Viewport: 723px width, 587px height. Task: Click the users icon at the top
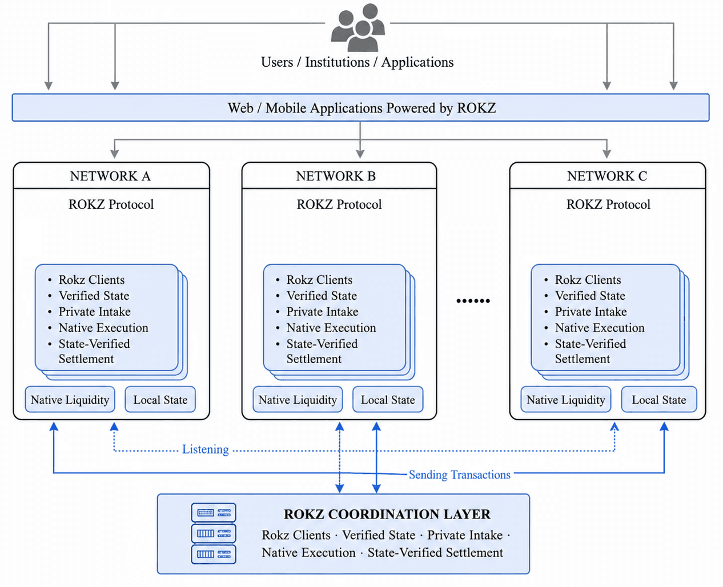point(358,27)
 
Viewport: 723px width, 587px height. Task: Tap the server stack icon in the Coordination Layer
point(214,533)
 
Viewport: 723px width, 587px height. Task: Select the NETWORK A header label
point(110,176)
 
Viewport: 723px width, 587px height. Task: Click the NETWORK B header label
point(336,176)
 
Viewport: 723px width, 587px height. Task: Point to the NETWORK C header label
point(607,176)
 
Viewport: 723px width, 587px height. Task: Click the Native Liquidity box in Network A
point(70,399)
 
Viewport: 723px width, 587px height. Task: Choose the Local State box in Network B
point(388,399)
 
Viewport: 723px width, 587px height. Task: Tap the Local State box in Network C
point(659,399)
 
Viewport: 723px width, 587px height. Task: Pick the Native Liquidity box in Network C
point(566,399)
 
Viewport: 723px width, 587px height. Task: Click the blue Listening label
point(206,449)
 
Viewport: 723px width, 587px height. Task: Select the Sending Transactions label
point(460,475)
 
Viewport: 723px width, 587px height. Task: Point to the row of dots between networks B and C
point(473,300)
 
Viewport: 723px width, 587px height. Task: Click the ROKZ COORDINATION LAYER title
point(387,514)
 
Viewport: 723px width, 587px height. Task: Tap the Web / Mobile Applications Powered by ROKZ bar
point(361,107)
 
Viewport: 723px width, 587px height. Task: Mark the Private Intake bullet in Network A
point(94,311)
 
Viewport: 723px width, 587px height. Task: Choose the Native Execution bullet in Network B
point(331,328)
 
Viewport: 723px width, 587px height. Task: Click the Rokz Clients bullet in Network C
point(588,280)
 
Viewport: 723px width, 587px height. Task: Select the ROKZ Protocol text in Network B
point(339,204)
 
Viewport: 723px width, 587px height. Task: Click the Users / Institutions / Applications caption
point(357,62)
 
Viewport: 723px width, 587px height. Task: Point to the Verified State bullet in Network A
point(94,296)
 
